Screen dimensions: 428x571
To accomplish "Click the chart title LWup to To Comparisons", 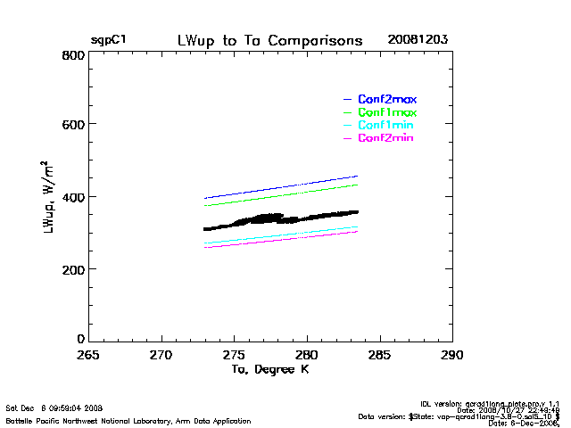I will click(269, 41).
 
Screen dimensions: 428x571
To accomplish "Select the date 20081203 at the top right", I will click(418, 41).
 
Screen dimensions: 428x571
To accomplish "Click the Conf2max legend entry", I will click(387, 99).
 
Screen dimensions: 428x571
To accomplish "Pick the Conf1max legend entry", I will click(387, 112).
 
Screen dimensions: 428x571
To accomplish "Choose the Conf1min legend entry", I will click(385, 126).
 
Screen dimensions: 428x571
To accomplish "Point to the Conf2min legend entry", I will click(385, 138).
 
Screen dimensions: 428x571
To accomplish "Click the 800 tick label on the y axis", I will click(73, 55).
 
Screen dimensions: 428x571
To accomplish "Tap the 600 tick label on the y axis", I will click(73, 125).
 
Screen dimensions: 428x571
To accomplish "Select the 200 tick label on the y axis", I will click(73, 268).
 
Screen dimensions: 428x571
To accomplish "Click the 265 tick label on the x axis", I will click(88, 355).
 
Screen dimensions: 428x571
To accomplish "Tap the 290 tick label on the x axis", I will click(452, 355).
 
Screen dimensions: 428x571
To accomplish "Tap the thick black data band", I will click(268, 218).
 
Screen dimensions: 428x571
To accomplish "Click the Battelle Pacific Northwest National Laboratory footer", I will click(128, 420).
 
